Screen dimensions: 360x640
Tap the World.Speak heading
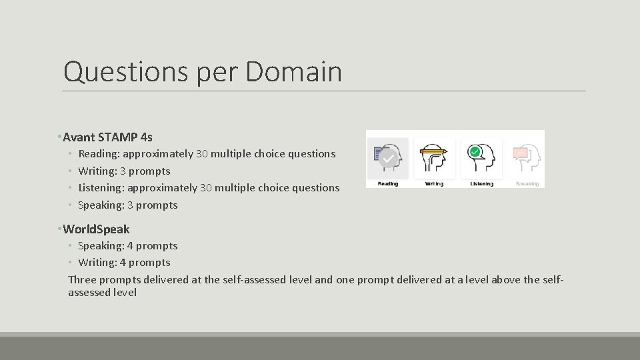(x=96, y=229)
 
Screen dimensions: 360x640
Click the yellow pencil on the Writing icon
(x=434, y=152)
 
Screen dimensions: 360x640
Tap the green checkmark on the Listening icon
(x=475, y=152)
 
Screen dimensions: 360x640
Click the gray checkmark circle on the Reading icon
(x=387, y=159)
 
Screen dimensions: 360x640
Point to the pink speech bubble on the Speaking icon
(x=520, y=153)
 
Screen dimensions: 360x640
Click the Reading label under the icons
(x=387, y=183)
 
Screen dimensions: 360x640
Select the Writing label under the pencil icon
(x=434, y=183)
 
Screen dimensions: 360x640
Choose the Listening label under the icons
(x=481, y=183)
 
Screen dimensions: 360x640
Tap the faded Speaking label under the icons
(x=527, y=183)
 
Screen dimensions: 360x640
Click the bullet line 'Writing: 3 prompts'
(x=124, y=171)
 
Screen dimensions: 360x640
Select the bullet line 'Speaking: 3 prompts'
(x=128, y=205)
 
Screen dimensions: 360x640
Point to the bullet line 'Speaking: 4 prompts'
(x=128, y=246)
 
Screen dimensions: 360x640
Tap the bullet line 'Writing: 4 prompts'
(x=124, y=263)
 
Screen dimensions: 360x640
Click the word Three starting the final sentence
(x=82, y=280)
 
